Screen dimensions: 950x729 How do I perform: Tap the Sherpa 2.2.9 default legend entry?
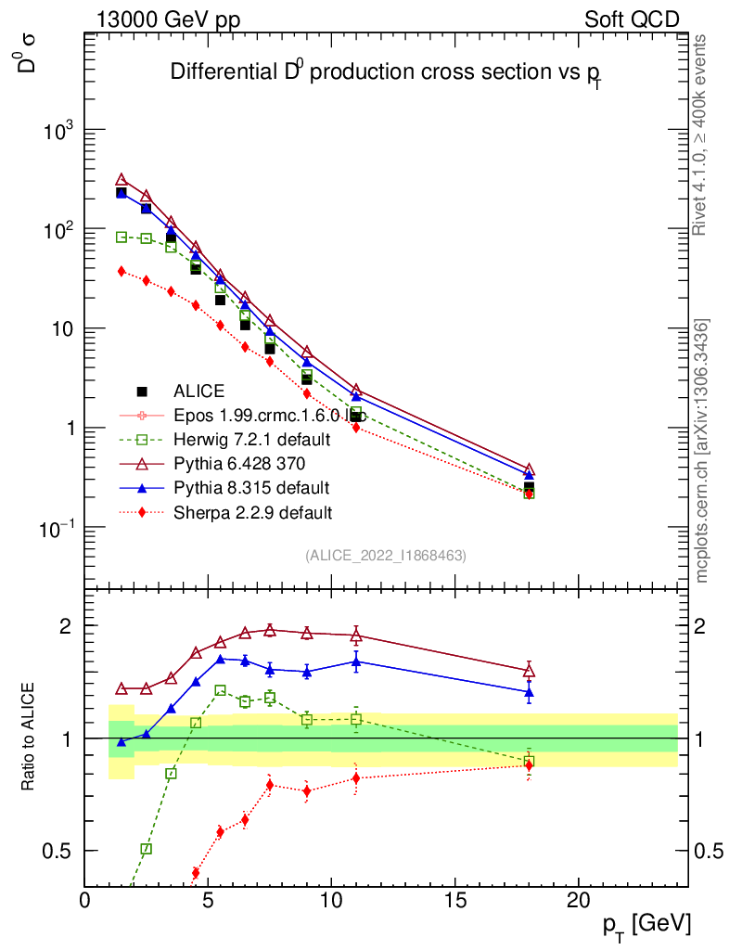pyautogui.click(x=252, y=511)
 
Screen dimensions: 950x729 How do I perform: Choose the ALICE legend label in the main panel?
pyautogui.click(x=198, y=392)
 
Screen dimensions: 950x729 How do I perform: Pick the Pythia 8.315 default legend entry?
pyautogui.click(x=251, y=487)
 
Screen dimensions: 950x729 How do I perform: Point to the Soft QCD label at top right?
pyautogui.click(x=632, y=19)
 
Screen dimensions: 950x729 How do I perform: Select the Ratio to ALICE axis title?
pyautogui.click(x=29, y=738)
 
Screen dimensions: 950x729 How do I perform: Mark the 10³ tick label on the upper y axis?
pyautogui.click(x=57, y=132)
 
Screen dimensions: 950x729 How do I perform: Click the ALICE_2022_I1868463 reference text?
pyautogui.click(x=385, y=555)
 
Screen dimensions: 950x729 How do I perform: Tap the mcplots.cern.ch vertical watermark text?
pyautogui.click(x=702, y=451)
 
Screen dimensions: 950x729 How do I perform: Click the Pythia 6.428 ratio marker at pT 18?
pyautogui.click(x=530, y=671)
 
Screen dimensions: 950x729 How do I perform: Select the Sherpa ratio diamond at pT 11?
pyautogui.click(x=356, y=778)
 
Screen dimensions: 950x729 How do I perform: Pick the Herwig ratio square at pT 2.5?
pyautogui.click(x=147, y=849)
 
